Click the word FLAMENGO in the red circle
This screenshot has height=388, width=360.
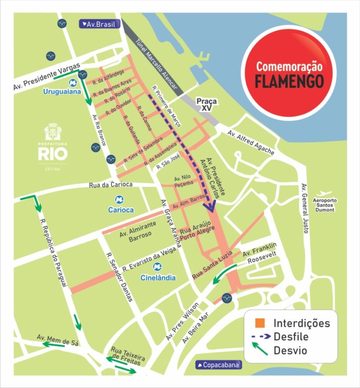(288, 81)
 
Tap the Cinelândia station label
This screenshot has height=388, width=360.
(158, 277)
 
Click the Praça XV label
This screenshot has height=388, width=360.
(207, 105)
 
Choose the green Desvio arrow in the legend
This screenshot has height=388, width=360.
(260, 349)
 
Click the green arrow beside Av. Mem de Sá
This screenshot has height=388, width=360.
(53, 344)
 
